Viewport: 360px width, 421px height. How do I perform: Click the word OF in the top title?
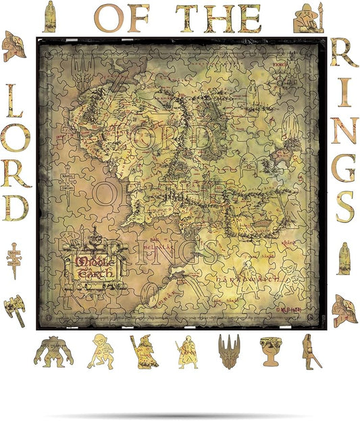pyautogui.click(x=122, y=18)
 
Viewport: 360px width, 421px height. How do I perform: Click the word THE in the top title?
pyautogui.click(x=218, y=18)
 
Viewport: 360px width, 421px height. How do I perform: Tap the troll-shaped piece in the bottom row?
pyautogui.click(x=53, y=351)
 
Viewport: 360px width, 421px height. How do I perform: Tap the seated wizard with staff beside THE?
pyautogui.click(x=308, y=18)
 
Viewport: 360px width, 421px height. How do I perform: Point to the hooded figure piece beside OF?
pyautogui.click(x=49, y=16)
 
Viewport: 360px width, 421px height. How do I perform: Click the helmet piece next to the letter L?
pyautogui.click(x=13, y=46)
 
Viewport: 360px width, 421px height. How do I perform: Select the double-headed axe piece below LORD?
pyautogui.click(x=14, y=311)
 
